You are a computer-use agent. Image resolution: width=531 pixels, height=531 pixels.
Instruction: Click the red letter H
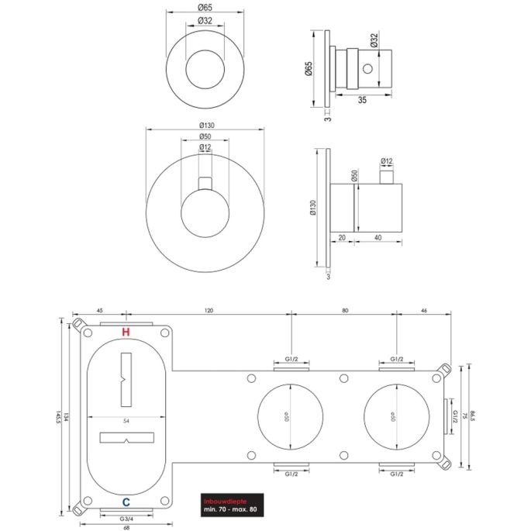tap(126, 333)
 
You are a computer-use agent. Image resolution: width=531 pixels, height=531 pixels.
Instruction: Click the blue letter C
tap(126, 502)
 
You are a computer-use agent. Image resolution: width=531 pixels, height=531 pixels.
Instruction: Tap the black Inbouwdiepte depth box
tap(230, 505)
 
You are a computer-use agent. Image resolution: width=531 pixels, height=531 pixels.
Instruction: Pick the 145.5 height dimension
tap(60, 418)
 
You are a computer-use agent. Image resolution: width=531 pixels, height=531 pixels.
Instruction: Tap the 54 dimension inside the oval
tap(126, 421)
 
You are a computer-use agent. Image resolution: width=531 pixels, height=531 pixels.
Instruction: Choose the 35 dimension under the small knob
tap(362, 100)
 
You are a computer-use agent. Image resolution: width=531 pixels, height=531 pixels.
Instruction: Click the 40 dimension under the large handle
tap(376, 238)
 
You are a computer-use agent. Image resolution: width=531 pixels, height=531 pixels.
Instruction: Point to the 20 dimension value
tap(343, 238)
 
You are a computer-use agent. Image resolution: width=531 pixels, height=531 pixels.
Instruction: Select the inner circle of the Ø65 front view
tap(205, 69)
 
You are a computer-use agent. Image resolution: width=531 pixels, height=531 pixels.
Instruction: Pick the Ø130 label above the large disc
tap(205, 126)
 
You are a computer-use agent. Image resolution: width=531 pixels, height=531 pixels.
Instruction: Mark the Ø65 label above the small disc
tap(205, 7)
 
